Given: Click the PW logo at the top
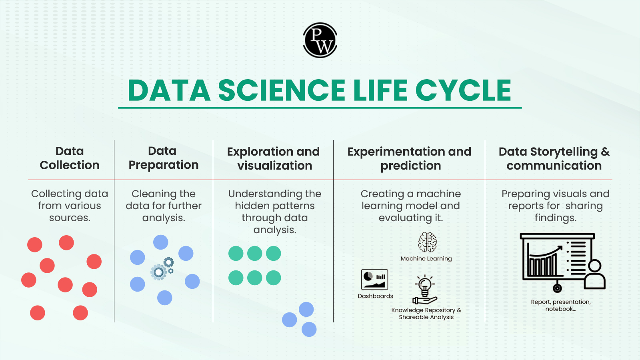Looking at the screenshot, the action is (320, 40).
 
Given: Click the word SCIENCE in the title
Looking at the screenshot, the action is (282, 90).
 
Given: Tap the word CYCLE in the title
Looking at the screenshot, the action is (463, 90).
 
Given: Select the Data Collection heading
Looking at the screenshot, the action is (70, 158).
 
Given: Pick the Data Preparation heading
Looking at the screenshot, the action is (164, 158).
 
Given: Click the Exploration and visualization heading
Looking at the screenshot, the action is (274, 158).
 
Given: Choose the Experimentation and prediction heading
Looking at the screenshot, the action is (410, 158).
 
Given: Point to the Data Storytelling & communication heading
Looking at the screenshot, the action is (554, 158).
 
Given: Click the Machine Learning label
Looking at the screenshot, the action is (426, 258).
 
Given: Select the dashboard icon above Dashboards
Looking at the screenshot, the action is (374, 280).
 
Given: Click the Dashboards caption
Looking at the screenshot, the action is (376, 296).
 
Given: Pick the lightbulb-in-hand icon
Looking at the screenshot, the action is (425, 290).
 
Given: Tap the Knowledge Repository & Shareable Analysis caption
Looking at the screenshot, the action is (426, 314).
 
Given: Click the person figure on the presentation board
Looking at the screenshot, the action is (594, 274).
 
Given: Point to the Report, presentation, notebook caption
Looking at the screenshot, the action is (561, 306).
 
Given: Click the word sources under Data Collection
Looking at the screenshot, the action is (70, 218).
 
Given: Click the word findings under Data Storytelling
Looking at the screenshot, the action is (556, 218).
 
